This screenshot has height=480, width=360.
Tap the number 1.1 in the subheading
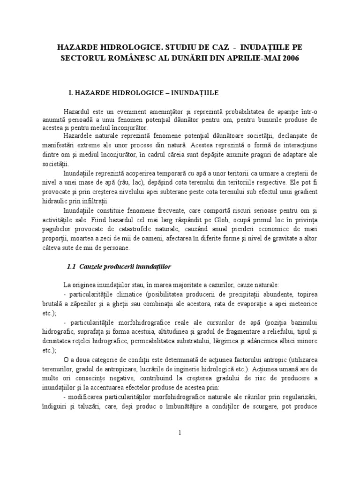click(72, 266)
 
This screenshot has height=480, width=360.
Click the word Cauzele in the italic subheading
click(92, 266)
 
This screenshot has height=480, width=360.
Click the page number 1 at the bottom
click(180, 433)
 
